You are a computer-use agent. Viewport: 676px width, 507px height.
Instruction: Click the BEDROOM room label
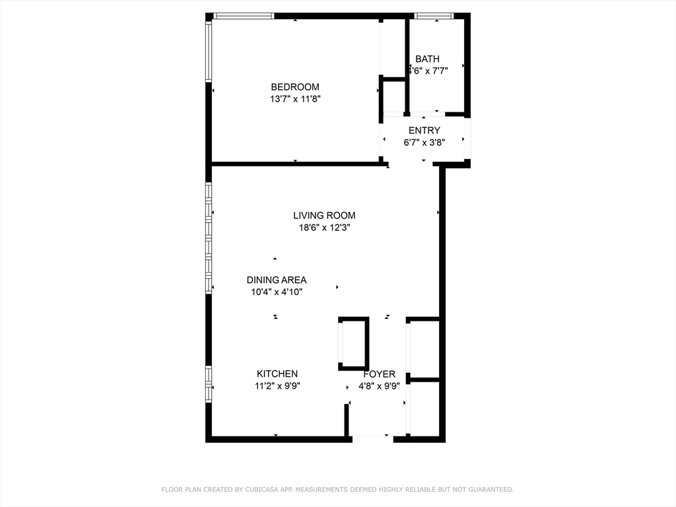pos(295,87)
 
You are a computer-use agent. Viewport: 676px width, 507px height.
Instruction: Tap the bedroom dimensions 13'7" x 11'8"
pos(295,99)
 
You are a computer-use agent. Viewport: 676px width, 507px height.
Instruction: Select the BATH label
pos(427,59)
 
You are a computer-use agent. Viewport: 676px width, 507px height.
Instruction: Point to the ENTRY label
pos(424,131)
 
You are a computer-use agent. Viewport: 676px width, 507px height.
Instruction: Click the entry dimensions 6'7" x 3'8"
pos(424,142)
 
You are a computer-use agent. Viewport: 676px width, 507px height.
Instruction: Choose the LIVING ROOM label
pos(324,215)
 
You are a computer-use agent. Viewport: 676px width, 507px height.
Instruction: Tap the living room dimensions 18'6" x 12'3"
pos(324,227)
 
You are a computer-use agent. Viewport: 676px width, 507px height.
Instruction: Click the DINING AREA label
pos(277,280)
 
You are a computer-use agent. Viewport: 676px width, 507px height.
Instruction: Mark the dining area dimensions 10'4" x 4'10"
pos(277,292)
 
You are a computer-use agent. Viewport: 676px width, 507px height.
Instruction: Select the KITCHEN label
pos(277,374)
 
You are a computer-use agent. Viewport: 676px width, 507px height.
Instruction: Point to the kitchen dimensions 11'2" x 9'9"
pos(277,386)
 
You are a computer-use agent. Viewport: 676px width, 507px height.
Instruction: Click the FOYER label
pos(379,374)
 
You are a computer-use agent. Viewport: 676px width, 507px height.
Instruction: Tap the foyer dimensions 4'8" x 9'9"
pos(379,386)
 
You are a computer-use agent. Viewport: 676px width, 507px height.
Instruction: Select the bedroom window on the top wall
pos(244,16)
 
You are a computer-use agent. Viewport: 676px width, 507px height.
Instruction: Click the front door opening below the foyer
pos(372,437)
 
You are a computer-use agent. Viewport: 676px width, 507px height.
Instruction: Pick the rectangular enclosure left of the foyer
pos(354,343)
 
